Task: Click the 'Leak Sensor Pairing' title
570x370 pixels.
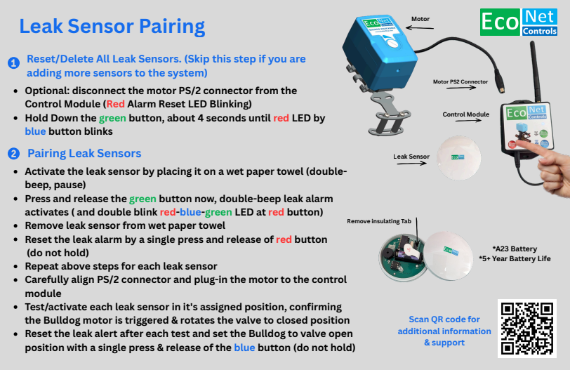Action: click(x=112, y=27)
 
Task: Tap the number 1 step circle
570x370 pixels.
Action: click(x=13, y=63)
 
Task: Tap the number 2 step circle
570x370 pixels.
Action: click(x=13, y=154)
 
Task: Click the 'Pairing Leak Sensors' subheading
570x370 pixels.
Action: click(x=84, y=154)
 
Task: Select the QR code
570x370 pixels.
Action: click(x=526, y=329)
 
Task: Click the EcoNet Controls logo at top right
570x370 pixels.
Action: click(x=519, y=22)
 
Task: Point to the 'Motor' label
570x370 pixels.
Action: click(x=420, y=20)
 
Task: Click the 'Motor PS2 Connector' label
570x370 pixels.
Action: click(x=460, y=82)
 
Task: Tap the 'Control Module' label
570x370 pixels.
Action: click(x=465, y=114)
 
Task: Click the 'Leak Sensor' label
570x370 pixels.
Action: click(x=411, y=157)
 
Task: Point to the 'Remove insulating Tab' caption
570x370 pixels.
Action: click(x=379, y=222)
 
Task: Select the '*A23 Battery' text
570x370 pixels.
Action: click(x=516, y=249)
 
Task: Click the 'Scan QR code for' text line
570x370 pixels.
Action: click(x=444, y=320)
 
